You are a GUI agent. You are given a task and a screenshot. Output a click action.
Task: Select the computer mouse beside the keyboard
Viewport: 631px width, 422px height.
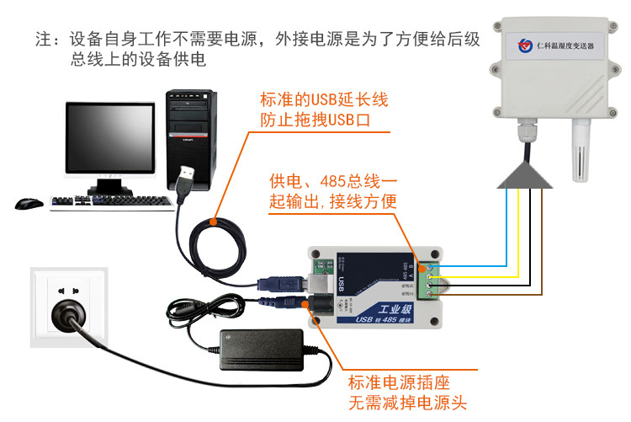click(x=29, y=203)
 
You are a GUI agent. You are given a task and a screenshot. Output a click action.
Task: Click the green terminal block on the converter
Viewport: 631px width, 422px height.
click(x=430, y=277)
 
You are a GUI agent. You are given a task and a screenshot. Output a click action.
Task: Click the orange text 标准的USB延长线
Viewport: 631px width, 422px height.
click(x=324, y=100)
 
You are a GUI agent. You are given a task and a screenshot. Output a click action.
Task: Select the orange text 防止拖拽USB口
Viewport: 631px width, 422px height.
click(x=315, y=121)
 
